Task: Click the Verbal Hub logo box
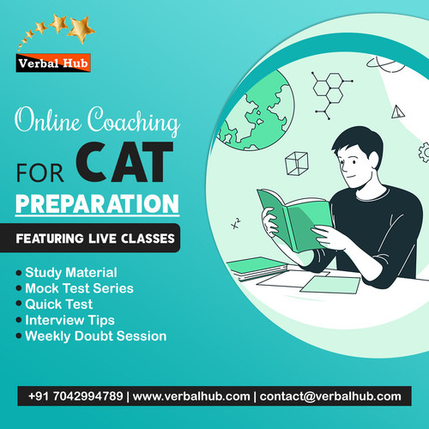pyautogui.click(x=53, y=63)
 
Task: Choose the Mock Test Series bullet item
pyautogui.click(x=79, y=288)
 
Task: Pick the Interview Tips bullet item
pyautogui.click(x=69, y=319)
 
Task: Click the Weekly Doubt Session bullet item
pyautogui.click(x=95, y=335)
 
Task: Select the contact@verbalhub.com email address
pyautogui.click(x=331, y=396)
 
